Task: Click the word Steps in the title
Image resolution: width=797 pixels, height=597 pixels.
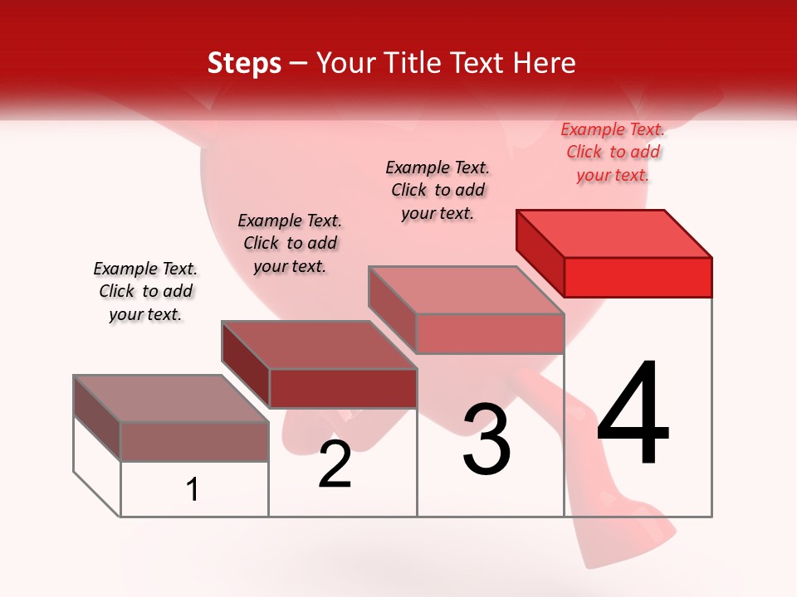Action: click(244, 63)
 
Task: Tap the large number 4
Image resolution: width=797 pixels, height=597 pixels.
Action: click(633, 415)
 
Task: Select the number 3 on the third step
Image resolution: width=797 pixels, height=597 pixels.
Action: click(487, 439)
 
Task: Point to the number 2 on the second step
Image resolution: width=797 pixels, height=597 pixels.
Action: click(335, 464)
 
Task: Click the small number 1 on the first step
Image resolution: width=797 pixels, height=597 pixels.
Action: click(193, 490)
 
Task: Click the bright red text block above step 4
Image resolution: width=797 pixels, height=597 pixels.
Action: click(613, 152)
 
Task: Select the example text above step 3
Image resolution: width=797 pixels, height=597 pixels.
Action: click(438, 190)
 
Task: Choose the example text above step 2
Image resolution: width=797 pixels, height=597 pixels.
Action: click(290, 243)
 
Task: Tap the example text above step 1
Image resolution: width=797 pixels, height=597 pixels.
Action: click(145, 291)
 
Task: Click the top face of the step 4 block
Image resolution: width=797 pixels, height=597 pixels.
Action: click(614, 233)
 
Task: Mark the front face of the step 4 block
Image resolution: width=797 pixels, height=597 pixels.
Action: click(638, 277)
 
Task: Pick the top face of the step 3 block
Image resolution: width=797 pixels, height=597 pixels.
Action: click(467, 290)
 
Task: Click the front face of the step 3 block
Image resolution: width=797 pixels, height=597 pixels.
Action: click(490, 334)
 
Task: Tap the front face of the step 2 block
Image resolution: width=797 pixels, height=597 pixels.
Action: click(342, 388)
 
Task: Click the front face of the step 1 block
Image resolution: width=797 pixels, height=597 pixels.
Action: click(194, 441)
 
